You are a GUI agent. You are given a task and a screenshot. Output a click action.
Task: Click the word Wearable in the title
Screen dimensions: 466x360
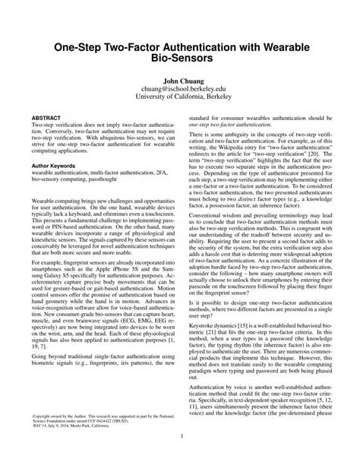coord(285,46)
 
